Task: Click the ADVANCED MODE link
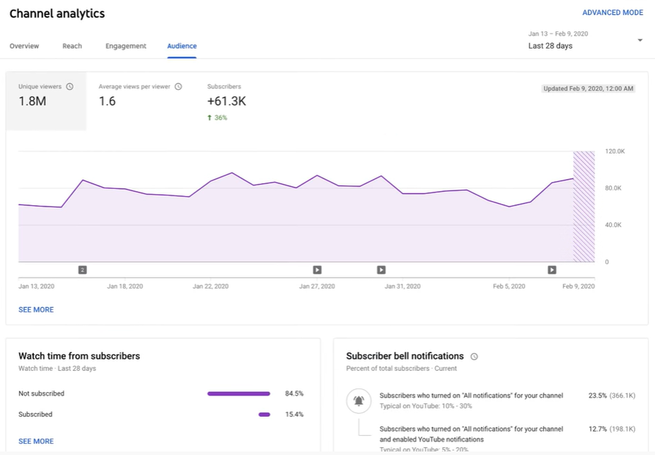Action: click(612, 13)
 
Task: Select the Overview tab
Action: click(24, 46)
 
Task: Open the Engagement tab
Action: click(126, 46)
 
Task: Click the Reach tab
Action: click(72, 46)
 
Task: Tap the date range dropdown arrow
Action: click(639, 40)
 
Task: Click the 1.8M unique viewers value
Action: click(33, 101)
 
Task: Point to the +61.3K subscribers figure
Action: click(226, 101)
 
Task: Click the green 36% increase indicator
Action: click(218, 117)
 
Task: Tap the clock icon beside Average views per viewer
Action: click(178, 86)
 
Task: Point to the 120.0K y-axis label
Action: click(614, 151)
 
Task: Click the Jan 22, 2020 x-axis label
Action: click(211, 287)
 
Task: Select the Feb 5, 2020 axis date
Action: click(509, 287)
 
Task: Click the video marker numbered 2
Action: click(83, 270)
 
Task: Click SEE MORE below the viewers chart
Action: click(36, 310)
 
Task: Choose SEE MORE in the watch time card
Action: click(36, 442)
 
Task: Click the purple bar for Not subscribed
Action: click(238, 393)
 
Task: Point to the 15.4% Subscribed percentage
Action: click(294, 415)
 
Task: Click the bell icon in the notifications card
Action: click(359, 401)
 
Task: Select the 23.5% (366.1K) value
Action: click(611, 396)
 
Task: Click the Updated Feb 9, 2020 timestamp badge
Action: click(588, 88)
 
